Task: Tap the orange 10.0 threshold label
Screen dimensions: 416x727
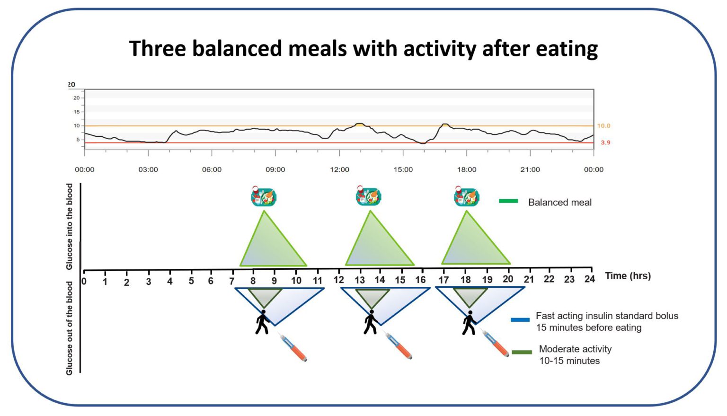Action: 603,126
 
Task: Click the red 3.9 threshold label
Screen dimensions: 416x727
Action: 605,142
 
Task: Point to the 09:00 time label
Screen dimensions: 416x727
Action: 275,169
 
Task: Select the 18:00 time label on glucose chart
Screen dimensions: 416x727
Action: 466,169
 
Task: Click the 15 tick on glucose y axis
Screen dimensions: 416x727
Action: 77,112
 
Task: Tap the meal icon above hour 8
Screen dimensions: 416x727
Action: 263,196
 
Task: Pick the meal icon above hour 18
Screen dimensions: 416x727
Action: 466,196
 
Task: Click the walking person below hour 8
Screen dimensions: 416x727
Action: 262,322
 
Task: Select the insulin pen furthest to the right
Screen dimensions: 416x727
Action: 495,343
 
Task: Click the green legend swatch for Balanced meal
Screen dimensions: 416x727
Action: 508,201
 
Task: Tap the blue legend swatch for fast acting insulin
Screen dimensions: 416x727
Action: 520,320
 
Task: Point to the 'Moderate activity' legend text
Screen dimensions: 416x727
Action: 575,349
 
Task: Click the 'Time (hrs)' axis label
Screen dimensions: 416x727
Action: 628,276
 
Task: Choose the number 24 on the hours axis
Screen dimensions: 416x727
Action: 589,279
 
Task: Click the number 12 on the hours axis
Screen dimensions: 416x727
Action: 338,280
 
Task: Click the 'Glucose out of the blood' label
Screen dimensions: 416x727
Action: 70,328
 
